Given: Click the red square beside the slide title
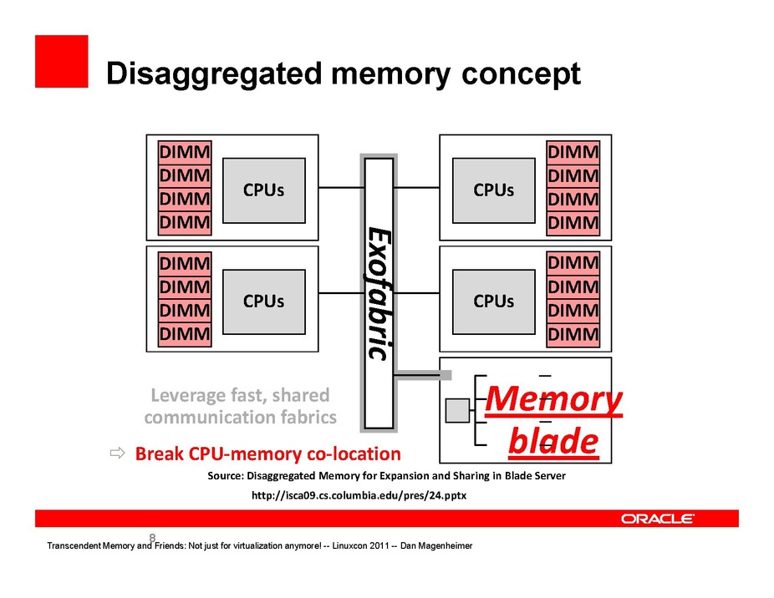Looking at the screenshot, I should coord(61,61).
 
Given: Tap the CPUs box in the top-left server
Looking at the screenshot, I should coord(263,190).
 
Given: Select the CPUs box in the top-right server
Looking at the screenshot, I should coord(493,190).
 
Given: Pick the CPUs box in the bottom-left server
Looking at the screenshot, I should coord(263,301).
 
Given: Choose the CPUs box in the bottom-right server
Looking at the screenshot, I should coord(493,301).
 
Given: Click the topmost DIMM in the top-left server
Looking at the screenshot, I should coord(185,154).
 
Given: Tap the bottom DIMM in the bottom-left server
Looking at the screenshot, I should coord(185,335).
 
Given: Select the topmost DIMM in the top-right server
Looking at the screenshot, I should coord(573,153).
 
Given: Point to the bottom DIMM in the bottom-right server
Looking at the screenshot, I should coord(573,336).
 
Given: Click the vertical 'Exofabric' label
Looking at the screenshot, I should coord(379,292).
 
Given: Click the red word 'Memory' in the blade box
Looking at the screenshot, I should coord(553,400).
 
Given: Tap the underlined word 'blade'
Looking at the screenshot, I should coord(553,441).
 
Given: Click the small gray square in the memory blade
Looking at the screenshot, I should coord(457,410).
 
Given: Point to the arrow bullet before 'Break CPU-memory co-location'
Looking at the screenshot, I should coord(117,454).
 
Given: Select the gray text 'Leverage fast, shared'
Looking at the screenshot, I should coord(240,394).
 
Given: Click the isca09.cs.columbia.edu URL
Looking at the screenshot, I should coord(359,495).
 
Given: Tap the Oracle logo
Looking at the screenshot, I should coord(657,519).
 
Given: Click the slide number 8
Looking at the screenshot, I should coord(152,537).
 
